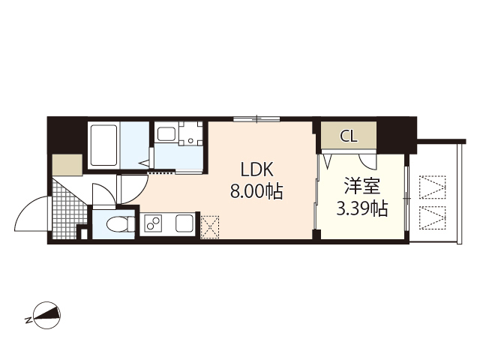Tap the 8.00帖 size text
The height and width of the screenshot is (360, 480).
pyautogui.click(x=256, y=191)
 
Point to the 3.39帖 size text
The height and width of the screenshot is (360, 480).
pyautogui.click(x=361, y=208)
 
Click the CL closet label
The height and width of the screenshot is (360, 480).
pyautogui.click(x=348, y=136)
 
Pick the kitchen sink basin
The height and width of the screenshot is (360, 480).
pyautogui.click(x=184, y=223)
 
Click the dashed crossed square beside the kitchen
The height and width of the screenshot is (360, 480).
pyautogui.click(x=210, y=225)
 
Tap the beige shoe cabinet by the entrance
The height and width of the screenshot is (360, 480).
pyautogui.click(x=67, y=164)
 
